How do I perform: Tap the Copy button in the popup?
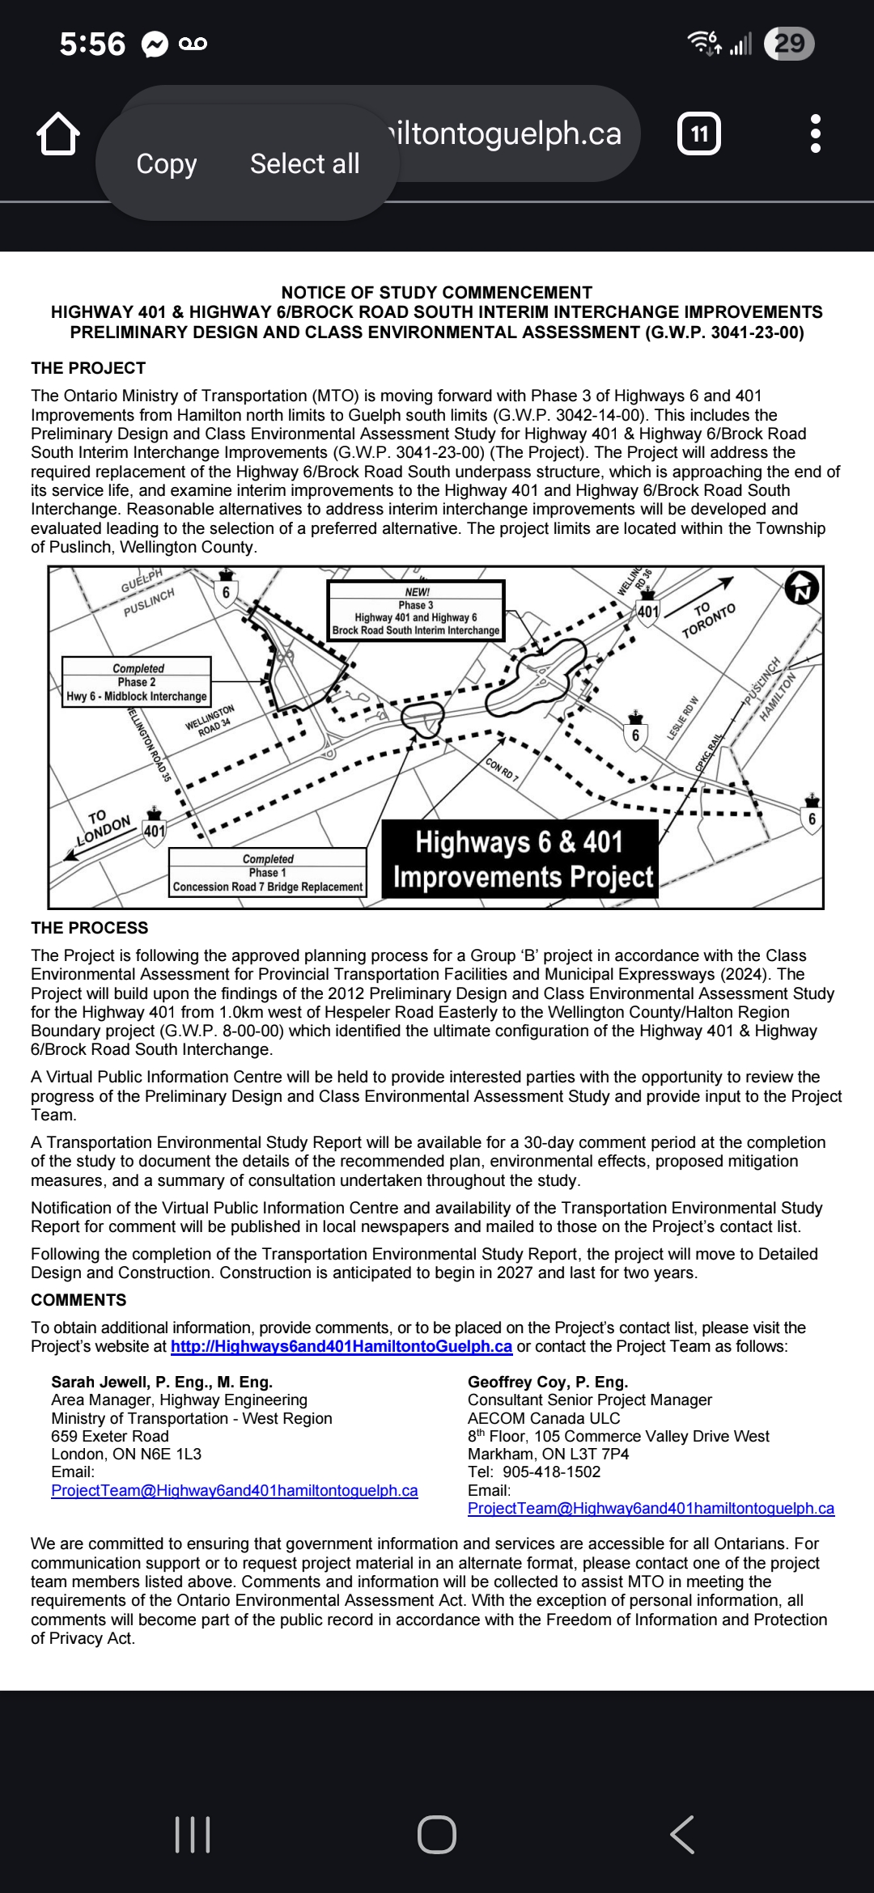(x=167, y=163)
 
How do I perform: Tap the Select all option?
(x=304, y=163)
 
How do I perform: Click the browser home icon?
(x=58, y=133)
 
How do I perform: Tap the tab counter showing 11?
(x=699, y=133)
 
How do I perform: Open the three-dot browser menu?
(x=815, y=133)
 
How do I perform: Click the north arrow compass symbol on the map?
(x=802, y=587)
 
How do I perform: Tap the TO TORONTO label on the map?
(x=707, y=619)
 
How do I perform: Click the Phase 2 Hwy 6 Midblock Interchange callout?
(x=137, y=682)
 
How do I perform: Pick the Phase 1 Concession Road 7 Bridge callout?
(x=268, y=873)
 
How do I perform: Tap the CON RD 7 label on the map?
(x=502, y=769)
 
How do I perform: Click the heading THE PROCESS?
(x=90, y=928)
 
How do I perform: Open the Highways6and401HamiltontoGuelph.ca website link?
(x=342, y=1346)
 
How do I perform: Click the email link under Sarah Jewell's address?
(x=235, y=1490)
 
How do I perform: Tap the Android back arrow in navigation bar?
(x=682, y=1834)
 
